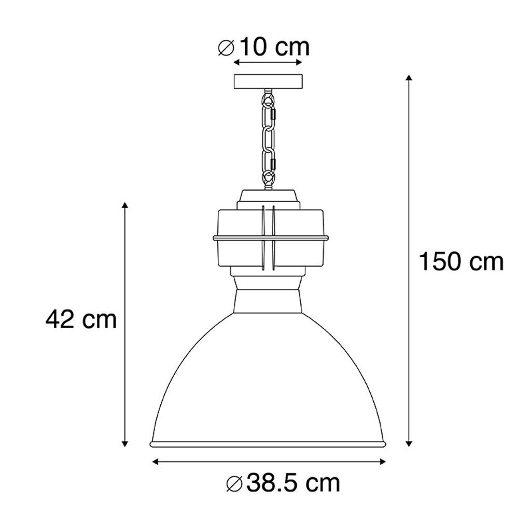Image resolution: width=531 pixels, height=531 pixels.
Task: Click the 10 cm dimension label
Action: point(275,47)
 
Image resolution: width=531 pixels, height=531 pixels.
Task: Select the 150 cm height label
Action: point(461,262)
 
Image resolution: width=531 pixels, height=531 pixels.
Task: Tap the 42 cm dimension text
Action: point(81,319)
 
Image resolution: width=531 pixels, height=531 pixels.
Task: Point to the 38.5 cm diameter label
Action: point(293,483)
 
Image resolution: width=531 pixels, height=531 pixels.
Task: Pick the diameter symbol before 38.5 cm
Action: point(234,484)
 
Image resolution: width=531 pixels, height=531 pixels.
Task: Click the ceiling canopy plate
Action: point(268,81)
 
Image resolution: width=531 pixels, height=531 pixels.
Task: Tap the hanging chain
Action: point(269,139)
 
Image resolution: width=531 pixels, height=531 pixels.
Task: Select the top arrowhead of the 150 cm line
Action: point(409,77)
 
